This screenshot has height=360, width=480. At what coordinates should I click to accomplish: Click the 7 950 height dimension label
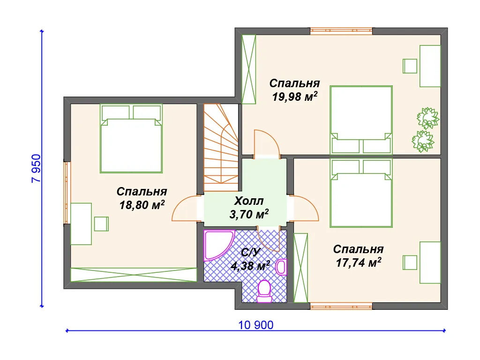[x=36, y=168]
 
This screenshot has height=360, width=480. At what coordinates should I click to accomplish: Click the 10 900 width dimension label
[x=256, y=325]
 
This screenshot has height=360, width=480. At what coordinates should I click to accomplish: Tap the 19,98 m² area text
[x=294, y=97]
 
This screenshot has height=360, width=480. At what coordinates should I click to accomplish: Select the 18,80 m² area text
[x=142, y=204]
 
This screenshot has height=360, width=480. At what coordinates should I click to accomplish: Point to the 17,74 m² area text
[x=359, y=262]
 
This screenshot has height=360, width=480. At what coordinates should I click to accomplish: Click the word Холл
[x=249, y=201]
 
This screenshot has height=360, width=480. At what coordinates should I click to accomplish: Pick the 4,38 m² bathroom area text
[x=250, y=265]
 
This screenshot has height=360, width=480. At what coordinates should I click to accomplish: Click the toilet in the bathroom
[x=264, y=291]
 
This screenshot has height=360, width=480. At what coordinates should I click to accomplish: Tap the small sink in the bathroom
[x=281, y=267]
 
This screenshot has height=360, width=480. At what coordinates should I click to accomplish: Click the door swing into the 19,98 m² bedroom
[x=267, y=143]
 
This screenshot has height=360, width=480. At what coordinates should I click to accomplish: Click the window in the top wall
[x=341, y=31]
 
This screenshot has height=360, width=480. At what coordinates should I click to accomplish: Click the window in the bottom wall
[x=341, y=306]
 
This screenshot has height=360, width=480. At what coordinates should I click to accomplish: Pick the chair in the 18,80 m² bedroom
[x=101, y=224]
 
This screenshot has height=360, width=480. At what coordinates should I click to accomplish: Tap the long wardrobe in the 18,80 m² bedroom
[x=134, y=275]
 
